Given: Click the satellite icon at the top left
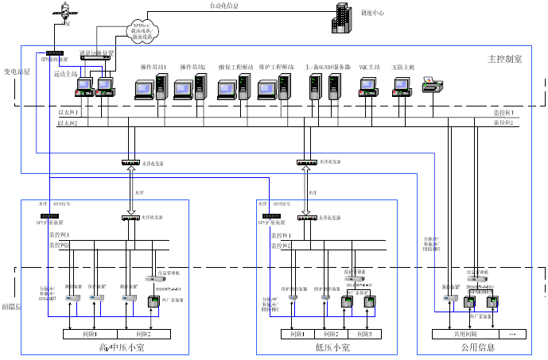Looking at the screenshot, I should pyautogui.click(x=60, y=14).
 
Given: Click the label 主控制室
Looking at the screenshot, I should pyautogui.click(x=504, y=60).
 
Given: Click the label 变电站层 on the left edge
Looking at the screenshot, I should pyautogui.click(x=17, y=72).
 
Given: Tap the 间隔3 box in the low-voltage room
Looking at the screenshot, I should pyautogui.click(x=364, y=334).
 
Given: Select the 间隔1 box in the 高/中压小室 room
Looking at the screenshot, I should pyautogui.click(x=90, y=334).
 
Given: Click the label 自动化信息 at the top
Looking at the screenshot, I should pyautogui.click(x=223, y=6).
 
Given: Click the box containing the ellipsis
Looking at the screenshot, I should pyautogui.click(x=511, y=334).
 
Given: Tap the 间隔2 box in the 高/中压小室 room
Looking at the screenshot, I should pyautogui.click(x=144, y=334).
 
